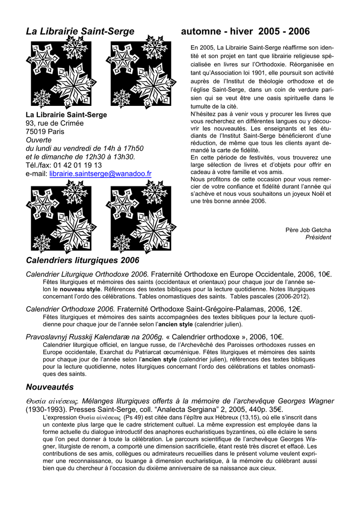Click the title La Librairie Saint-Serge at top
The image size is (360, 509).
[x=80, y=32]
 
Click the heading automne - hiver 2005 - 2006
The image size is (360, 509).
[x=246, y=32]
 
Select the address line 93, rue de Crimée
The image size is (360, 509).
[x=55, y=123]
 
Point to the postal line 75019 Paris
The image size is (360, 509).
[x=45, y=132]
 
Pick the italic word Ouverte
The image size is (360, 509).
[x=38, y=140]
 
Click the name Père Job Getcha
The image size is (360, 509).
[x=308, y=230]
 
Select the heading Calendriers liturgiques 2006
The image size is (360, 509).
[x=83, y=260]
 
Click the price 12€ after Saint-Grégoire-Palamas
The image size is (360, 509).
[x=294, y=309]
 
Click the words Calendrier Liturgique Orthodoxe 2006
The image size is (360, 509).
[x=87, y=274]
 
